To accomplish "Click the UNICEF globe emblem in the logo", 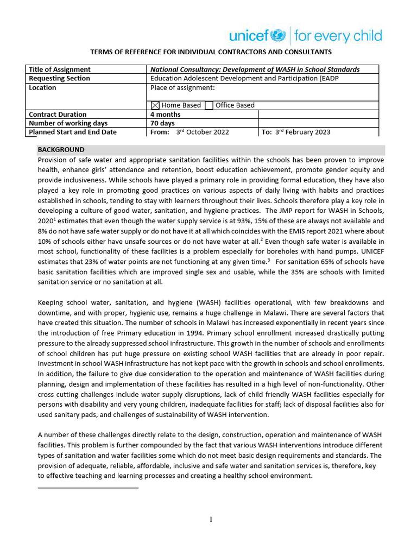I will [x=277, y=36].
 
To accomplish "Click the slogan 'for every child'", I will [x=338, y=36].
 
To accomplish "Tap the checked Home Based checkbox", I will [x=155, y=105].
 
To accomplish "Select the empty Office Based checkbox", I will [x=209, y=105].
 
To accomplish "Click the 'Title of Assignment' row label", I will [x=60, y=69].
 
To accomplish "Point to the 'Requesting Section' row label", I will [x=59, y=78].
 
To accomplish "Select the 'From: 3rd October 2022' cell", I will [x=189, y=132].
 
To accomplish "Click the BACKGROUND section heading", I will [x=61, y=150].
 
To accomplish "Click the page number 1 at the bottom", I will [x=211, y=520].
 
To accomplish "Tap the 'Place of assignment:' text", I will [x=182, y=88].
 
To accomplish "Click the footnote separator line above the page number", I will [x=88, y=488].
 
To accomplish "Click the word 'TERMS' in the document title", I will [x=102, y=52].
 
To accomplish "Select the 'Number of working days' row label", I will [x=68, y=123].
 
